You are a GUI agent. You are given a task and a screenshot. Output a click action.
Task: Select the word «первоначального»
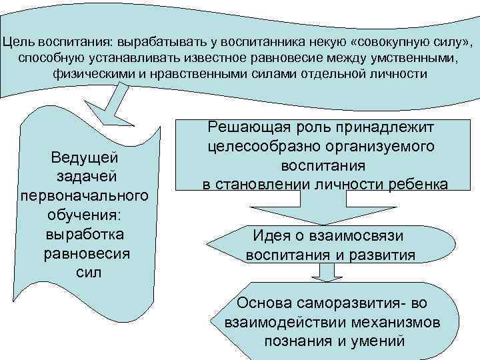(85, 198)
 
